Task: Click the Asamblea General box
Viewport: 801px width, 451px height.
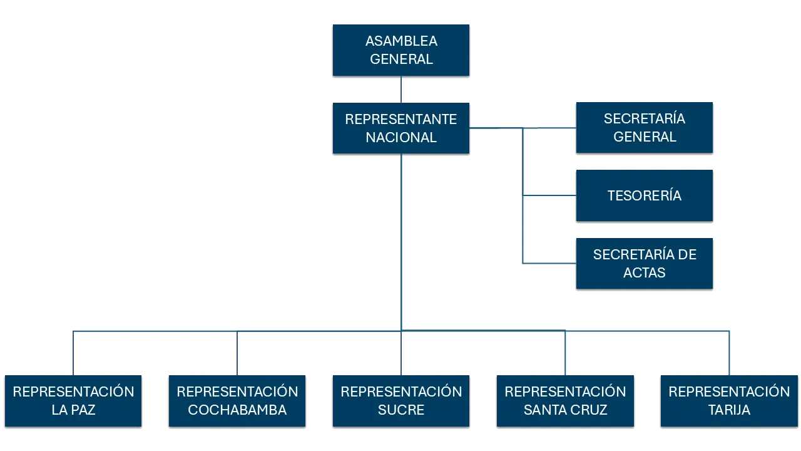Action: [400, 50]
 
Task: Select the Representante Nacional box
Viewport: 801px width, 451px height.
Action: [400, 128]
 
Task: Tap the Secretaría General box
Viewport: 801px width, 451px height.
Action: [645, 128]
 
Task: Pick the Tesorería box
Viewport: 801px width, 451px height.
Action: [645, 195]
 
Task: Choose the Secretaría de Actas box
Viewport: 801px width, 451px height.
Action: [645, 263]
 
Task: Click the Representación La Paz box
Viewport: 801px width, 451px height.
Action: [73, 401]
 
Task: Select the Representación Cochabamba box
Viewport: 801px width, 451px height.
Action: [237, 401]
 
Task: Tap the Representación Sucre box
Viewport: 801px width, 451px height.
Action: [401, 401]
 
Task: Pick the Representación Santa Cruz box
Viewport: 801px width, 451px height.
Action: [565, 401]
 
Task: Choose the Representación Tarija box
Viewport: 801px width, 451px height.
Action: [729, 401]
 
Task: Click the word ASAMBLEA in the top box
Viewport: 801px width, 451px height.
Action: [401, 41]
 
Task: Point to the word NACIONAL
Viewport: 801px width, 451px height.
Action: [401, 138]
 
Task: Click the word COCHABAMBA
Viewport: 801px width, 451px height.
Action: [237, 410]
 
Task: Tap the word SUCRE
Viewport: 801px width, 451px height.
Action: [401, 410]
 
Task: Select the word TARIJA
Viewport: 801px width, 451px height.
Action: [729, 410]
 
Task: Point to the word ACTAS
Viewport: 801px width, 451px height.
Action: [645, 272]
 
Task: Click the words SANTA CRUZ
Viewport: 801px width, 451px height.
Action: [565, 410]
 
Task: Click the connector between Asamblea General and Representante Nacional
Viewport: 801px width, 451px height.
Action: [401, 90]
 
